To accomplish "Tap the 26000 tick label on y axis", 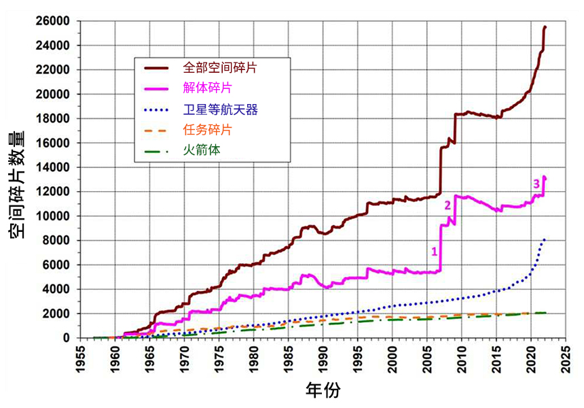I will pyautogui.click(x=54, y=21).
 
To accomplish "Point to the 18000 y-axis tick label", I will pyautogui.click(x=54, y=118).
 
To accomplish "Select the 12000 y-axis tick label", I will pyautogui.click(x=54, y=192).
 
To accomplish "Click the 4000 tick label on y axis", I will pyautogui.click(x=57, y=289).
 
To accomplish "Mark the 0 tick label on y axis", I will pyautogui.click(x=67, y=338).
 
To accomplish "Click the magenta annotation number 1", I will pyautogui.click(x=433, y=251).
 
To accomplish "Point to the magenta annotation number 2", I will pyautogui.click(x=447, y=205).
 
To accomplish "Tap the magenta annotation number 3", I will pyautogui.click(x=536, y=183).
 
